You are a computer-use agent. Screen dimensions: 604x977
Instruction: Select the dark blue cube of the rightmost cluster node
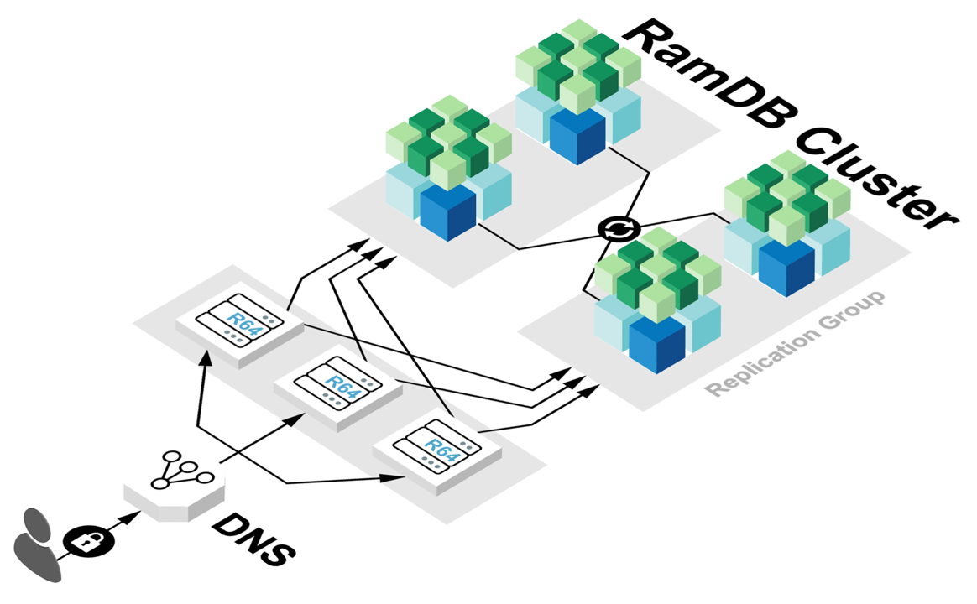[x=786, y=266]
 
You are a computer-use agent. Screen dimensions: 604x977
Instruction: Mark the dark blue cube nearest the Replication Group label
[x=656, y=344]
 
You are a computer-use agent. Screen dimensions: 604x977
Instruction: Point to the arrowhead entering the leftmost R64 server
[x=204, y=357]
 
